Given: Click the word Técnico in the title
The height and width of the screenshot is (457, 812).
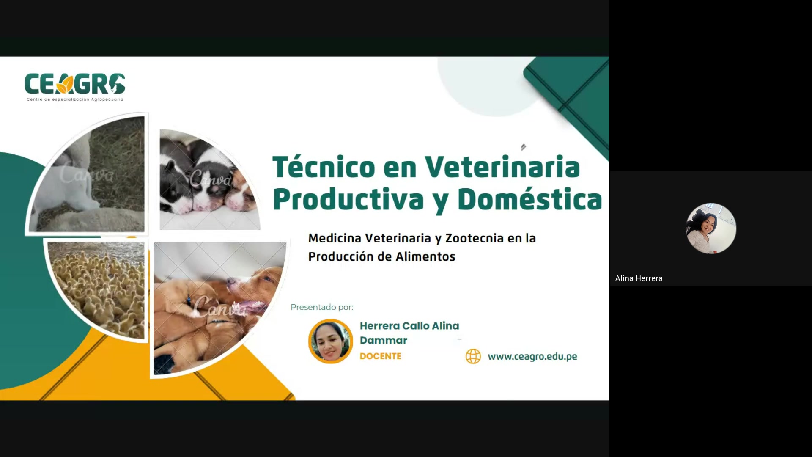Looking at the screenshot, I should tap(323, 167).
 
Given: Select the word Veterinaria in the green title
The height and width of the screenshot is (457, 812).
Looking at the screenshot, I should tap(502, 167).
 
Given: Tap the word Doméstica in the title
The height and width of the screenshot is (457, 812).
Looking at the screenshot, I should tap(529, 199).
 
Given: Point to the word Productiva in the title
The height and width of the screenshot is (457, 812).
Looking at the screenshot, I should tap(348, 199).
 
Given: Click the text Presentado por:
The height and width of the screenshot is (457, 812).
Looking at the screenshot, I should tap(321, 307).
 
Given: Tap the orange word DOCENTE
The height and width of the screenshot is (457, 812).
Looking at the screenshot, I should tap(380, 356).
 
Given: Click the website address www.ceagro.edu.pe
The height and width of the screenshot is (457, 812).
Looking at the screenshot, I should tap(532, 356).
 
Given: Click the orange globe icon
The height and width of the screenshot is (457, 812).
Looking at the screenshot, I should tap(473, 356).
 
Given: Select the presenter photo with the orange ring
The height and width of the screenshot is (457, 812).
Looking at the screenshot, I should tap(330, 341).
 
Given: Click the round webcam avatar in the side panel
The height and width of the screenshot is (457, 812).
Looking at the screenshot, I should tap(710, 228).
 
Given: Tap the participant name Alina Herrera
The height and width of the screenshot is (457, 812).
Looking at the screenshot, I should tap(639, 278).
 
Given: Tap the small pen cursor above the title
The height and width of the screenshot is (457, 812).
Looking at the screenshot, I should tap(523, 147).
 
